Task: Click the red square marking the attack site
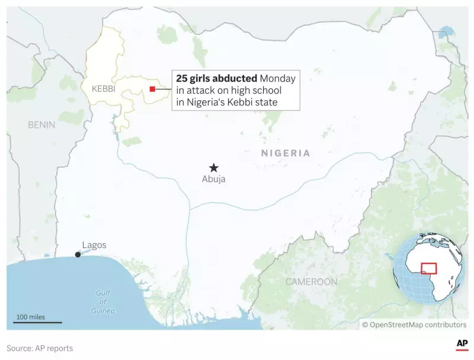(152, 89)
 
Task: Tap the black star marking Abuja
(213, 168)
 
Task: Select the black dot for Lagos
(78, 255)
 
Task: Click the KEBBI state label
(103, 89)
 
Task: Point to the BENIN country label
(41, 125)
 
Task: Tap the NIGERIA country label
(285, 153)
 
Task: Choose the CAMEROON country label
(311, 282)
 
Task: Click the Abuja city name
(213, 179)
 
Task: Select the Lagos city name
(94, 245)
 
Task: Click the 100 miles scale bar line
(39, 323)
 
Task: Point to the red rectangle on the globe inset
(428, 268)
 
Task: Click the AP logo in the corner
(461, 344)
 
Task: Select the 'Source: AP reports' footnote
(40, 348)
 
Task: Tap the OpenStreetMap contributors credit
(414, 324)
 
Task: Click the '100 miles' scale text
(31, 317)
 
